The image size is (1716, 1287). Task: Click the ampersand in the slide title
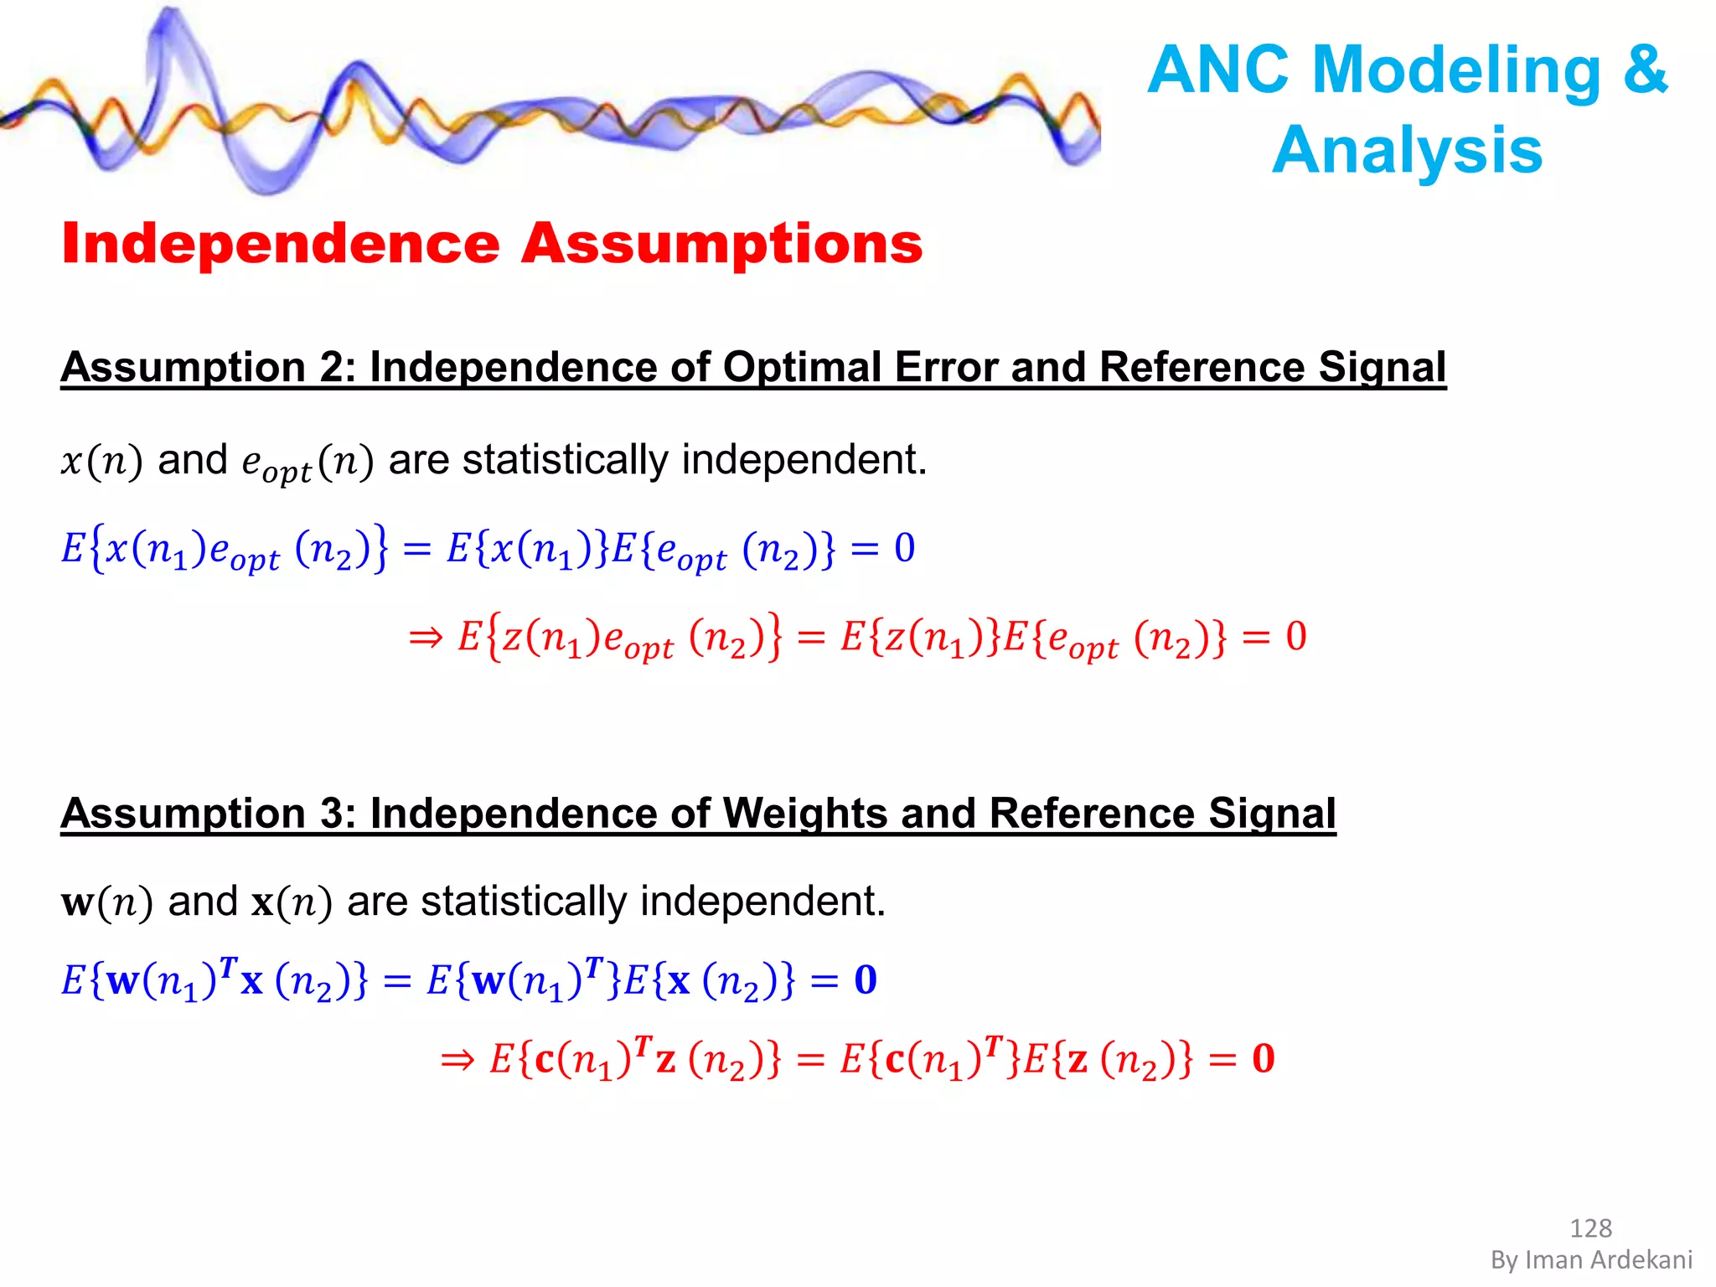1645,70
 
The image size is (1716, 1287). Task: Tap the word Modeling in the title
1457,70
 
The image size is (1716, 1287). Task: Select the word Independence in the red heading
281,244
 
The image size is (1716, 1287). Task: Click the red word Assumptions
721,244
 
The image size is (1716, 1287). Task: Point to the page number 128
1589,1228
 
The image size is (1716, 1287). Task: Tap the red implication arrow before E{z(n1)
426,638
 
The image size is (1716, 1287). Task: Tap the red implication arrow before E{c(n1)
457,1061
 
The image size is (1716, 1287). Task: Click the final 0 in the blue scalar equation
904,549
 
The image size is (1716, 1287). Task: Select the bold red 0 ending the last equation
1263,1059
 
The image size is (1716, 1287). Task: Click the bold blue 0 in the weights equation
866,979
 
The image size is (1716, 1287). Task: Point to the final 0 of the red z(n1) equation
1295,637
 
